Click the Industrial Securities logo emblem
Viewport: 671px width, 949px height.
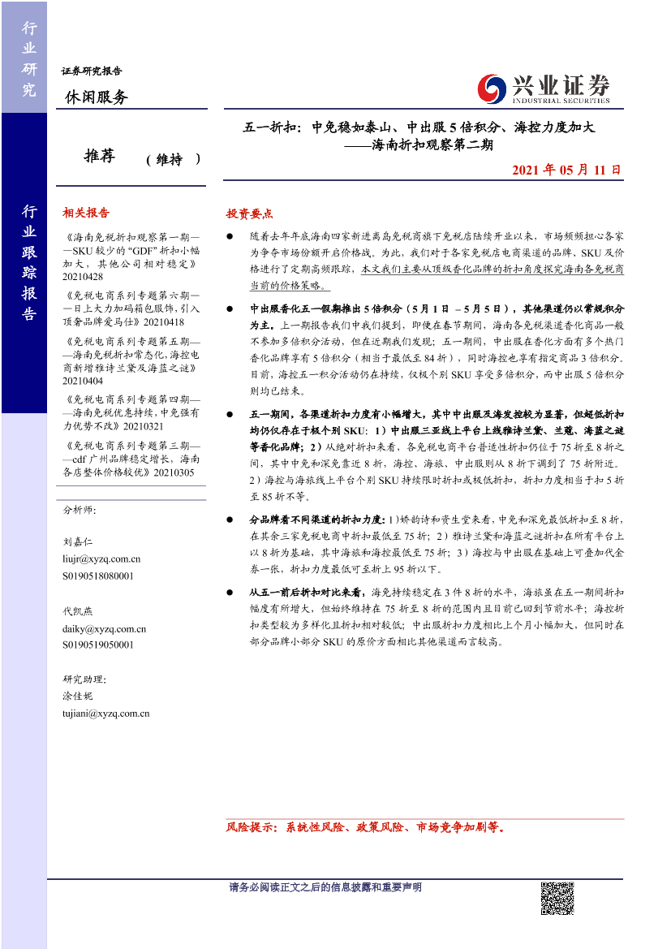pyautogui.click(x=492, y=88)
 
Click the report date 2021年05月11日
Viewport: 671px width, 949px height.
pyautogui.click(x=567, y=170)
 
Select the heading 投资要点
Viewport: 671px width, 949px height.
pyautogui.click(x=249, y=214)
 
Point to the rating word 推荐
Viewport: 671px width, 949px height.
pyautogui.click(x=99, y=157)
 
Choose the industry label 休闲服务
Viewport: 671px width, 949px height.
pyautogui.click(x=96, y=97)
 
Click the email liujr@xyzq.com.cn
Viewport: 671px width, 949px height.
pyautogui.click(x=101, y=559)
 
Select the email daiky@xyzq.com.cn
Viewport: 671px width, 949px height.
pyautogui.click(x=104, y=628)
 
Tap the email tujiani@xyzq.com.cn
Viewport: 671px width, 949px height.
pyautogui.click(x=105, y=713)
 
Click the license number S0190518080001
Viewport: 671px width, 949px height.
pyautogui.click(x=99, y=576)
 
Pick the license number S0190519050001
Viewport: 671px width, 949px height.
pyautogui.click(x=99, y=645)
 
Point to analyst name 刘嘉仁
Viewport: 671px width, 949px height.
pyautogui.click(x=78, y=541)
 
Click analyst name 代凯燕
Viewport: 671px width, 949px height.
pyautogui.click(x=78, y=611)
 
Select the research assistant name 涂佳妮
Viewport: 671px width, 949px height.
pyautogui.click(x=78, y=696)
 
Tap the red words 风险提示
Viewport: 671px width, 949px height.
pyautogui.click(x=251, y=828)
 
